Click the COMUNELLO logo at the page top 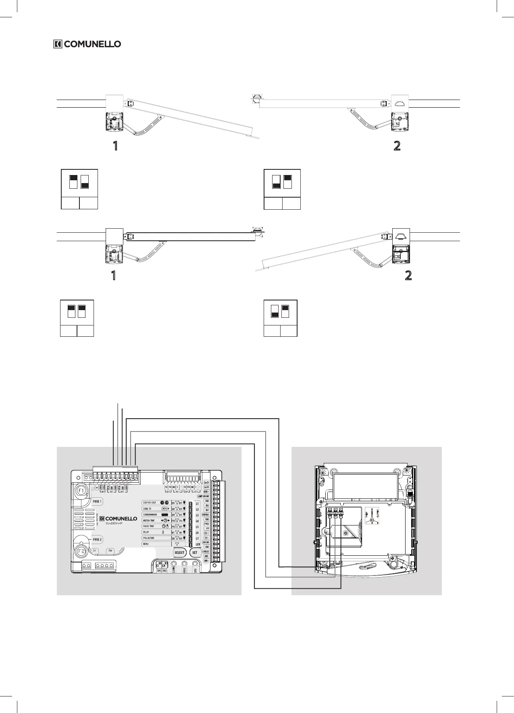pyautogui.click(x=87, y=44)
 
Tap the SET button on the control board pyautogui.click(x=195, y=552)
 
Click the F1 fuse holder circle pyautogui.click(x=81, y=491)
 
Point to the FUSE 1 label pyautogui.click(x=98, y=502)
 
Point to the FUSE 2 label pyautogui.click(x=98, y=539)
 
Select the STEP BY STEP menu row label pyautogui.click(x=150, y=503)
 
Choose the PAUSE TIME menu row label pyautogui.click(x=149, y=526)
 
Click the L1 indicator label pyautogui.click(x=197, y=504)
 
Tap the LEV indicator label pyautogui.click(x=198, y=545)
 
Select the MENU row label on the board pyautogui.click(x=146, y=544)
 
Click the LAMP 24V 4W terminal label pyautogui.click(x=203, y=496)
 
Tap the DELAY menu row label pyautogui.click(x=146, y=532)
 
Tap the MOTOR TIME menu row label pyautogui.click(x=149, y=521)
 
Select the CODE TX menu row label pyautogui.click(x=147, y=509)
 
